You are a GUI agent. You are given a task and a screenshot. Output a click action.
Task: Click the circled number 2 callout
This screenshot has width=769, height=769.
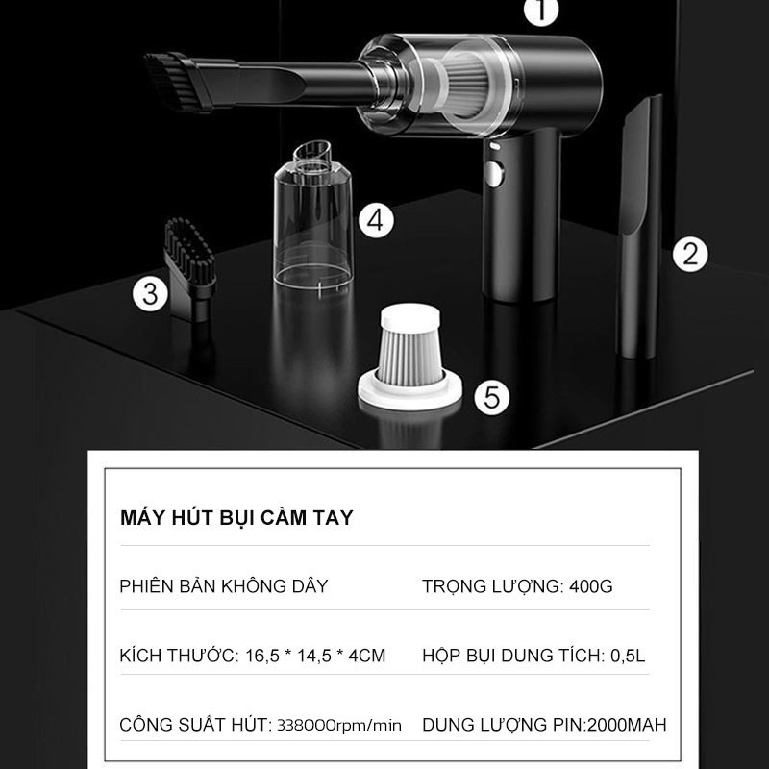click(690, 254)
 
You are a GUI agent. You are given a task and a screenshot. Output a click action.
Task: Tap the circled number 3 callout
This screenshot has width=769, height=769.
click(151, 294)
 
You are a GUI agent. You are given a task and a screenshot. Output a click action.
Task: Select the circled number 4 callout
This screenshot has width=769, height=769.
click(376, 221)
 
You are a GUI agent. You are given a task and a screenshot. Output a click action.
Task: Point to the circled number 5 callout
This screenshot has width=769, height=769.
click(492, 397)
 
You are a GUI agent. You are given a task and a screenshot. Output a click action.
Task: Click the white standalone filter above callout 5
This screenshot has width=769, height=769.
click(409, 357)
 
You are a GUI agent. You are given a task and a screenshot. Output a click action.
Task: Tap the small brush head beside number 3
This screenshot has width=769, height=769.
click(189, 270)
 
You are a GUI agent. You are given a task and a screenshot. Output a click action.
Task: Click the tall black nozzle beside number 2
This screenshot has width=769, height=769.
click(638, 226)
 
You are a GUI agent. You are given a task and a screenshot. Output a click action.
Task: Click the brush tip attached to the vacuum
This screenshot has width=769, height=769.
click(177, 82)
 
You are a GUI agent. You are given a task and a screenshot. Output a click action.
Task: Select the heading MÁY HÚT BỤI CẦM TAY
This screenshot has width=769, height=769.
click(236, 518)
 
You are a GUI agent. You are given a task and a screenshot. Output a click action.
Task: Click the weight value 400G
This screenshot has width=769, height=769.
click(591, 586)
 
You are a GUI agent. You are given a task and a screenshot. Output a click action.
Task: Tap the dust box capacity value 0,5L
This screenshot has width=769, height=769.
click(628, 656)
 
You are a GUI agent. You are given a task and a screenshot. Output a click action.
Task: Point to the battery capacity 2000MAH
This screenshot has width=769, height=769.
click(627, 725)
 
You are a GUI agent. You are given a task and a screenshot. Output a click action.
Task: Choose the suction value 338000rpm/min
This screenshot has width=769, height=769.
click(339, 725)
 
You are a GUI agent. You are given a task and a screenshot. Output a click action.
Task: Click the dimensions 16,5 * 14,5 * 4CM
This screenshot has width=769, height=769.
click(315, 656)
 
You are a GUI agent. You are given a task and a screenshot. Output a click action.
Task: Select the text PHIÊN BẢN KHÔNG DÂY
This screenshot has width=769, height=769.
click(224, 586)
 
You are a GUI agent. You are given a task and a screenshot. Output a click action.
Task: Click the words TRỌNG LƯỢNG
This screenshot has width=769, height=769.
click(492, 586)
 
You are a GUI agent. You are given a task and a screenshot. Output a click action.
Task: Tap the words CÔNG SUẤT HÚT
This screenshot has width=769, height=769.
click(194, 725)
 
